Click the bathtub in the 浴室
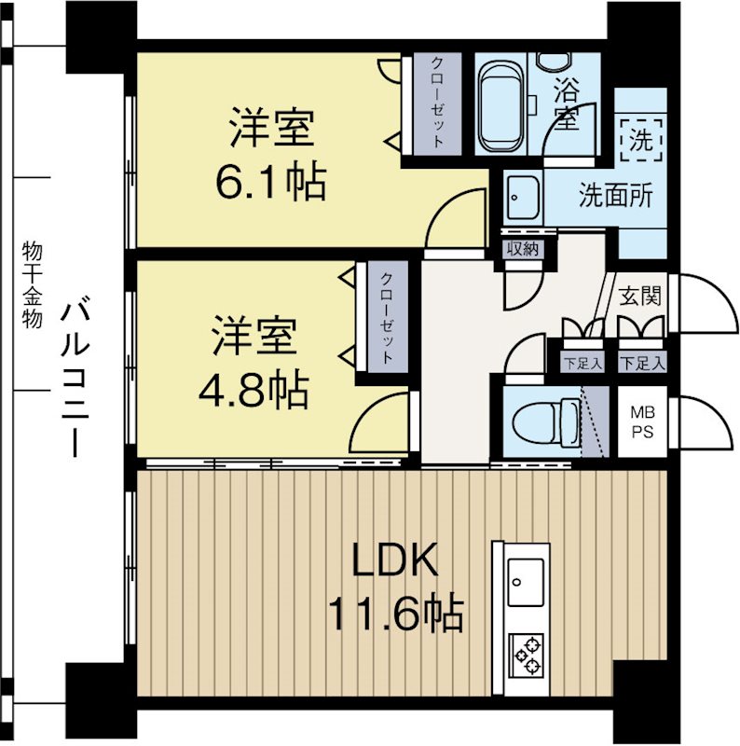[501, 106]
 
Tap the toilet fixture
[547, 421]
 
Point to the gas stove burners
[526, 655]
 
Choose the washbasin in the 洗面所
[523, 197]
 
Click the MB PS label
[641, 422]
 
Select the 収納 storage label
[522, 249]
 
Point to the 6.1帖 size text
[271, 183]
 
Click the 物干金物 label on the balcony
[32, 285]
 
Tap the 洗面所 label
[615, 195]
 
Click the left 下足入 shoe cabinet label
[582, 364]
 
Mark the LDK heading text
[394, 560]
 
